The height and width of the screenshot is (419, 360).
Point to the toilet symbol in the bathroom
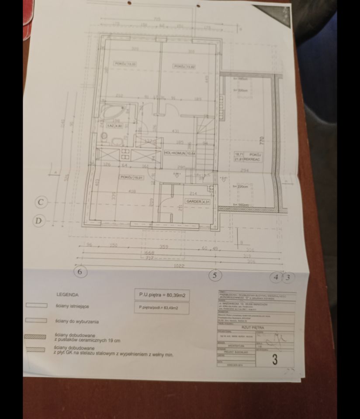pyautogui.click(x=104, y=137)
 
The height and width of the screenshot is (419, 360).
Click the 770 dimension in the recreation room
pyautogui.click(x=263, y=141)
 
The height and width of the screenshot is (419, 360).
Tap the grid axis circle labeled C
pyautogui.click(x=41, y=203)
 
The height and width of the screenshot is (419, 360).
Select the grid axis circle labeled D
pyautogui.click(x=39, y=221)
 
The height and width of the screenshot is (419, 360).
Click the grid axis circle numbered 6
pyautogui.click(x=80, y=272)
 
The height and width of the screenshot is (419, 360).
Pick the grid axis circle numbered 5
pyautogui.click(x=215, y=275)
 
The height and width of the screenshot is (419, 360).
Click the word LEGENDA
pyautogui.click(x=67, y=295)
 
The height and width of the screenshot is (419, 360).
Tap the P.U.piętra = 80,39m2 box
pyautogui.click(x=163, y=295)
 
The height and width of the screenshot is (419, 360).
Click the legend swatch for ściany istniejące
pyautogui.click(x=37, y=306)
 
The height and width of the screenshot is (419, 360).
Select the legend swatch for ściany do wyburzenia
pyautogui.click(x=37, y=320)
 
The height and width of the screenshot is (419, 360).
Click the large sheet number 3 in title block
pyautogui.click(x=274, y=360)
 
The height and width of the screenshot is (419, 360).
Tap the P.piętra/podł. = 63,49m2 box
pyautogui.click(x=162, y=308)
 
